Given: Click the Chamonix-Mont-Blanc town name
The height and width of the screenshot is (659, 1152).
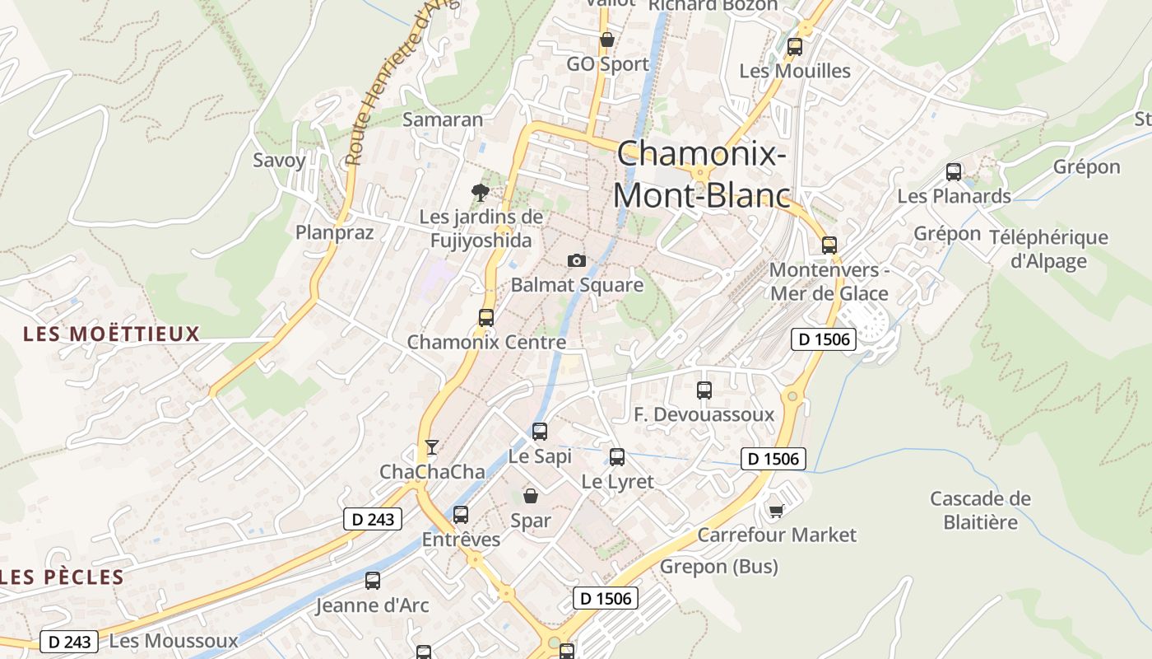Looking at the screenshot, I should [701, 175].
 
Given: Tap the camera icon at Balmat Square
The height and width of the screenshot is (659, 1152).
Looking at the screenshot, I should [577, 261].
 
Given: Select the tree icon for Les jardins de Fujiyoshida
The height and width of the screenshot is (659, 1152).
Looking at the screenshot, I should [481, 193].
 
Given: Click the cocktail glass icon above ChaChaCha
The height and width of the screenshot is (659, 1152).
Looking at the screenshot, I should [431, 447].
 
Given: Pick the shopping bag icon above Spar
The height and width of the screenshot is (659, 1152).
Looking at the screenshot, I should [531, 496].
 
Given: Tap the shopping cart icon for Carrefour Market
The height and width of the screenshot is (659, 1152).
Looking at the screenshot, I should [775, 512].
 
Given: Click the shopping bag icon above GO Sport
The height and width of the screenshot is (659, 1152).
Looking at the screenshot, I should [607, 40].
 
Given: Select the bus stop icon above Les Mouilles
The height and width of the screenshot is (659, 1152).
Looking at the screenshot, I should [794, 47].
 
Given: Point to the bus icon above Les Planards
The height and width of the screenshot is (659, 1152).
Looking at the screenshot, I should [953, 172].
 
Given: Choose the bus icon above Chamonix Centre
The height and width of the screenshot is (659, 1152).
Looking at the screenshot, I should [486, 318].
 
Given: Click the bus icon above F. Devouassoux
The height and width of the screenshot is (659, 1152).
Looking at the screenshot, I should [704, 390].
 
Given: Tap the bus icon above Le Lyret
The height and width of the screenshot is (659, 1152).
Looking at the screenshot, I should [617, 457].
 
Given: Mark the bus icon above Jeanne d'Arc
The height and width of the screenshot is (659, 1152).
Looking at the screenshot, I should [373, 581].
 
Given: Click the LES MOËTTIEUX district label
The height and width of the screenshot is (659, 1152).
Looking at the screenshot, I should [112, 334].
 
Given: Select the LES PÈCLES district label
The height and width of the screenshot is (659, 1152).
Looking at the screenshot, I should [62, 577].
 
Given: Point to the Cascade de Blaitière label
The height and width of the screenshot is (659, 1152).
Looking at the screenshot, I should [980, 510].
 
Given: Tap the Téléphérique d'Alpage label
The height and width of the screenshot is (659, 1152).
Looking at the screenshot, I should [1048, 250].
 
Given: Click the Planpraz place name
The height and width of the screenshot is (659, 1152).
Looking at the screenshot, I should [335, 232].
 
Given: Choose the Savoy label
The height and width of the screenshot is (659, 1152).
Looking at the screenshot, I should [279, 160].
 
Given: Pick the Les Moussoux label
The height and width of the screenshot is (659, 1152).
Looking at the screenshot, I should [173, 640].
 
